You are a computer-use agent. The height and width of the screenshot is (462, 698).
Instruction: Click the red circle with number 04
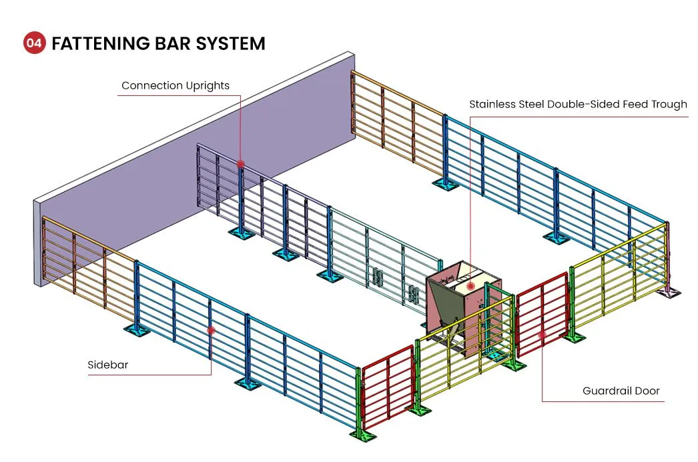tap(34, 44)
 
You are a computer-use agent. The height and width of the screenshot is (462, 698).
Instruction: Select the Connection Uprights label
tap(175, 85)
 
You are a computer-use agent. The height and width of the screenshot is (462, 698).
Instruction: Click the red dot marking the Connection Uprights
tap(240, 163)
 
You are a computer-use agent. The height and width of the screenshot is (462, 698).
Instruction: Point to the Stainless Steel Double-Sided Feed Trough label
tap(578, 104)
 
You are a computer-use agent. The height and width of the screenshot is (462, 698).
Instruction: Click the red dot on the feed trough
tap(471, 285)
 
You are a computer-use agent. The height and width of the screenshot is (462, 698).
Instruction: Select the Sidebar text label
tap(107, 365)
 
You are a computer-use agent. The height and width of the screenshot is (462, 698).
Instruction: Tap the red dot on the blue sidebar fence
tap(211, 329)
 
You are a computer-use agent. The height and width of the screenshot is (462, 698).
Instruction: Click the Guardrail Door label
tap(621, 391)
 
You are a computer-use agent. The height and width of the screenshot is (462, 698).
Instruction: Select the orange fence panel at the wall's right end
tap(397, 113)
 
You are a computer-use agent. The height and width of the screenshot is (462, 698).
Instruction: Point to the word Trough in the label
tap(667, 104)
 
